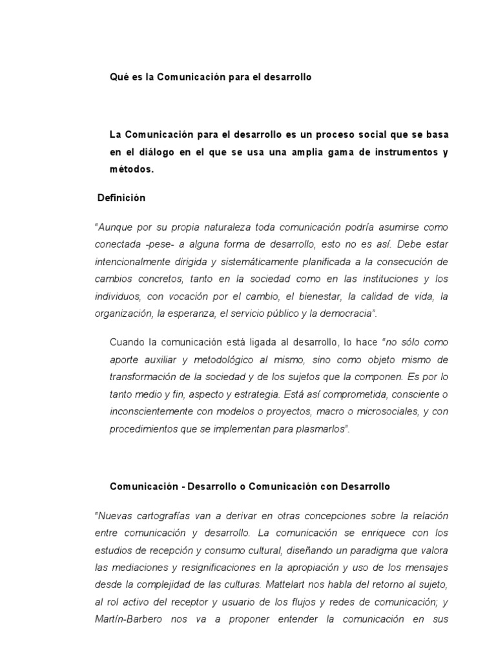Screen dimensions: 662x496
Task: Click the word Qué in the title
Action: tap(118, 77)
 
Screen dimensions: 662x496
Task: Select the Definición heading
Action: tap(121, 198)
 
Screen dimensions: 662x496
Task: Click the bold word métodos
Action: tap(132, 169)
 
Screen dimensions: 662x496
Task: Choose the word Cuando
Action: tap(127, 343)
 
